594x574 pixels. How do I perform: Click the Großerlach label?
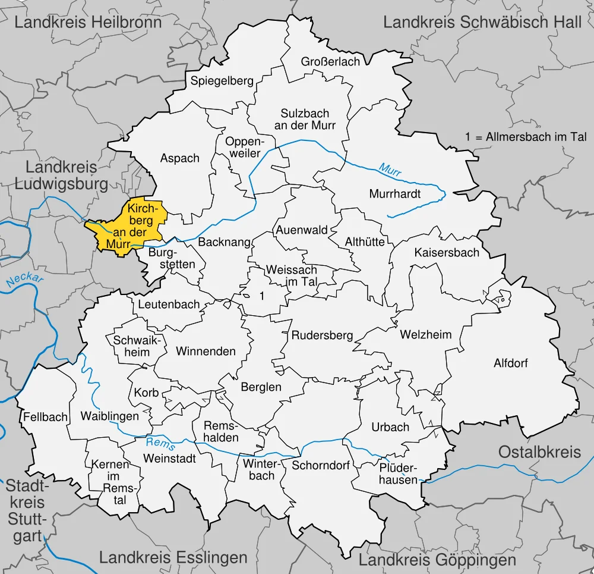click(330, 62)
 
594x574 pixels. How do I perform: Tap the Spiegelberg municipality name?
click(222, 81)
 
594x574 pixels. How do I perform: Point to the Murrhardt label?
click(395, 194)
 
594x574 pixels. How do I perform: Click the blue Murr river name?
click(390, 169)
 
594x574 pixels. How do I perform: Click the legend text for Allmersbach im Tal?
click(526, 137)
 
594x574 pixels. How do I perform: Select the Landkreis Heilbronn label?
click(88, 23)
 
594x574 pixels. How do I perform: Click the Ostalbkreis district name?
click(539, 451)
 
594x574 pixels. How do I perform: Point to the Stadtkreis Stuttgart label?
click(26, 511)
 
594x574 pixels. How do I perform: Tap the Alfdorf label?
click(511, 363)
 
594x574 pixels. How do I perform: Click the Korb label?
click(146, 393)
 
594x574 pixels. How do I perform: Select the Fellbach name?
click(46, 417)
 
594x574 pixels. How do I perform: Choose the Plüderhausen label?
click(399, 473)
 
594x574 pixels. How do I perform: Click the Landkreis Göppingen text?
click(437, 560)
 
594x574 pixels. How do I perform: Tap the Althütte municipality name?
click(365, 242)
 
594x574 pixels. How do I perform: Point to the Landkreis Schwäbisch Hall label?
click(482, 23)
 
